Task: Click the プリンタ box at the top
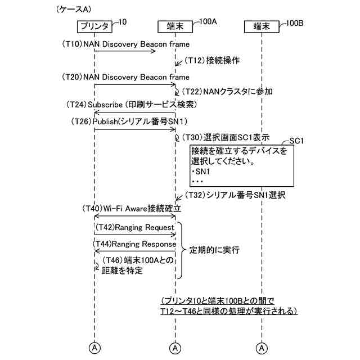coord(94,26)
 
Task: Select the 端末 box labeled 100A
coord(175,26)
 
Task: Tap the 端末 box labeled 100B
coord(262,26)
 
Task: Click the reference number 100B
coord(295,23)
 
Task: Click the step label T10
coord(72,43)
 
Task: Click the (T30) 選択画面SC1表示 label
coord(225,137)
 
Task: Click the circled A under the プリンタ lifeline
coord(94,347)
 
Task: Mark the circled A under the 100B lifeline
coord(262,347)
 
